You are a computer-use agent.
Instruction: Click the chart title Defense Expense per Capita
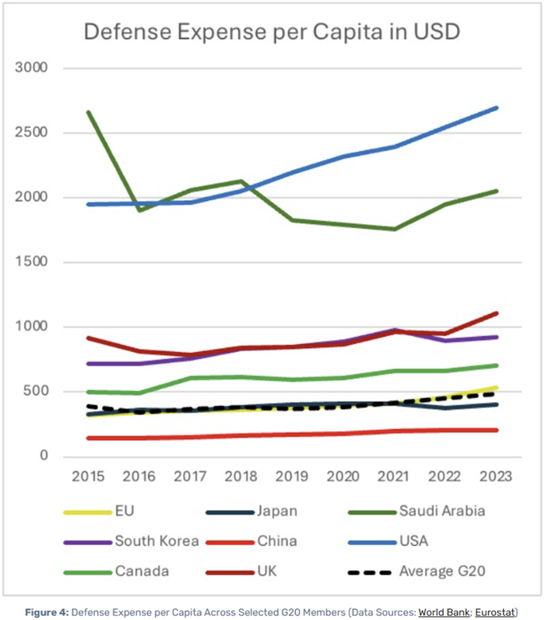(272, 32)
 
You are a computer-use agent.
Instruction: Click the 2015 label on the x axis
(87, 476)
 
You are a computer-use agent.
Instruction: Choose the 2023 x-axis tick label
(497, 476)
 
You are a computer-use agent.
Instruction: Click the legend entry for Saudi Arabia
(442, 511)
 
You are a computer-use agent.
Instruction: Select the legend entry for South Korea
(156, 541)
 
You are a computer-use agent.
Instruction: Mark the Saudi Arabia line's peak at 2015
(88, 112)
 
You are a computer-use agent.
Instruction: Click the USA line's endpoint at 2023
(497, 108)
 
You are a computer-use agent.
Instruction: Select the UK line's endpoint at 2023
(497, 313)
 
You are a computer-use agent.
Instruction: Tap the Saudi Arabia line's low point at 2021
(394, 229)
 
